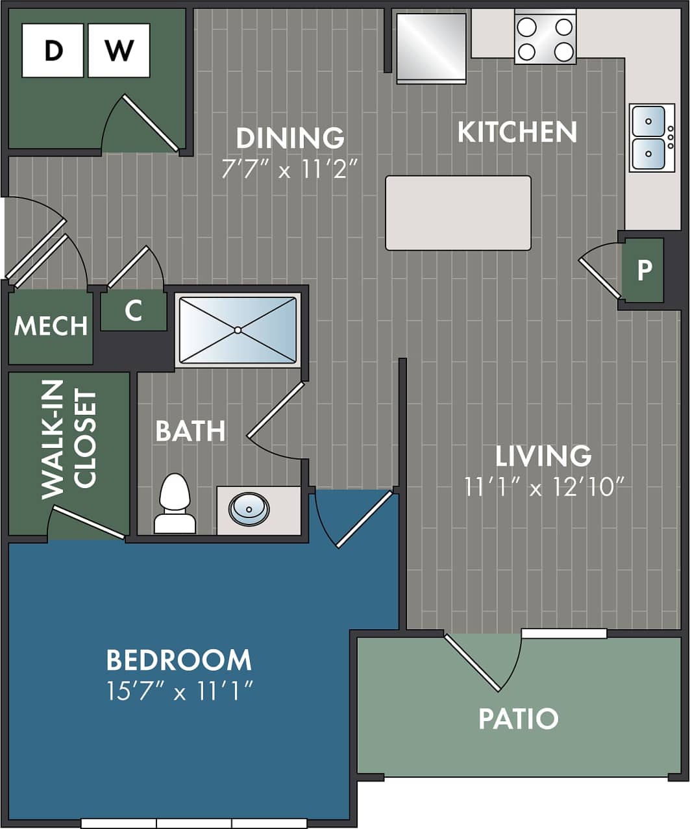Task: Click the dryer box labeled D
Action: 53,51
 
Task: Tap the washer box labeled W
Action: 119,51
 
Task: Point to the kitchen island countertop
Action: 458,213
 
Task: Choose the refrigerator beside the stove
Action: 432,47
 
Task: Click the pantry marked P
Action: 643,269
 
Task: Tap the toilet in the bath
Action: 175,504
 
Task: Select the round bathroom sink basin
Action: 249,509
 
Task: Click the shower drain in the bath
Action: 238,330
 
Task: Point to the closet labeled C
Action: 133,310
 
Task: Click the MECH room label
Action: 51,326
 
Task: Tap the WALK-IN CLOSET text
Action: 69,439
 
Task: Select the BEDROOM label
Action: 179,660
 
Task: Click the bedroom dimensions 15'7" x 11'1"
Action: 179,691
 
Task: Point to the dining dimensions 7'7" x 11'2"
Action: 290,169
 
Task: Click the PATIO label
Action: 518,719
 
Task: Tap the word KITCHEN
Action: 517,132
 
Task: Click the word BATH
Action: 190,431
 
